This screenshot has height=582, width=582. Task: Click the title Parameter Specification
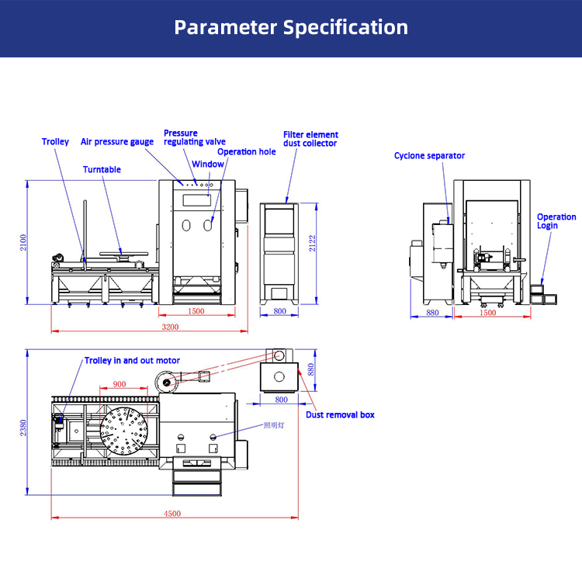click(x=291, y=28)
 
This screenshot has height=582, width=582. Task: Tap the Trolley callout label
click(x=55, y=142)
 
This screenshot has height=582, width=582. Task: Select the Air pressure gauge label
click(x=117, y=142)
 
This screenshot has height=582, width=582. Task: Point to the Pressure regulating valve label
click(x=194, y=137)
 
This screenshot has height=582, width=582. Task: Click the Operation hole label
click(x=246, y=152)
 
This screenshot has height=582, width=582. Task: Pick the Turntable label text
click(x=102, y=170)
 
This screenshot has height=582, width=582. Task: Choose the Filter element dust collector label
click(x=310, y=139)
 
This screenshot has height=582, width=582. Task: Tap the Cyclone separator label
click(x=429, y=156)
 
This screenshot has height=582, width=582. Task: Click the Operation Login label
click(x=556, y=221)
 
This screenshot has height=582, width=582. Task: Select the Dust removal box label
click(x=340, y=415)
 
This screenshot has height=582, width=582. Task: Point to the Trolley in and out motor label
click(x=132, y=361)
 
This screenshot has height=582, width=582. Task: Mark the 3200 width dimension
click(x=170, y=327)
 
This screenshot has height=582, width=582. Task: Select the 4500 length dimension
click(x=172, y=513)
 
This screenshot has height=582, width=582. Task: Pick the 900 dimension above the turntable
click(x=119, y=384)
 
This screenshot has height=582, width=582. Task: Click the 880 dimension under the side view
click(x=433, y=313)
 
